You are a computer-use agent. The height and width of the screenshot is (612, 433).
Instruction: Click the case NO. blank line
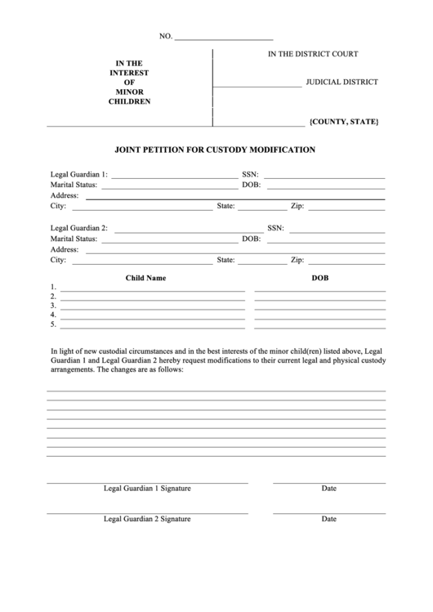(x=224, y=38)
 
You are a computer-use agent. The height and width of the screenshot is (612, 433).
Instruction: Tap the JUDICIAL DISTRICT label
(x=341, y=83)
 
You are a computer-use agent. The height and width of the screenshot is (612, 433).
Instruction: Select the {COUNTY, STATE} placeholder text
(x=343, y=122)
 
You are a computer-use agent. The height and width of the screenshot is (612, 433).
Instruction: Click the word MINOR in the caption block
(x=129, y=92)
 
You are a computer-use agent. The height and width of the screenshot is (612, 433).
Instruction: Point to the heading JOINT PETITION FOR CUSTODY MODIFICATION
(x=216, y=150)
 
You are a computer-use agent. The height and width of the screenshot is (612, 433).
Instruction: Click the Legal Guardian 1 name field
(x=172, y=176)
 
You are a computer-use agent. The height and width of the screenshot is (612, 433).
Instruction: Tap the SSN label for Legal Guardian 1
(x=249, y=175)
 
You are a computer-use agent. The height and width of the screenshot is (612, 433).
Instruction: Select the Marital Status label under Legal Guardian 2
(x=74, y=239)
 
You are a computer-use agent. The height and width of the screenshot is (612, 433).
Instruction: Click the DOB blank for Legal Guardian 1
(x=324, y=186)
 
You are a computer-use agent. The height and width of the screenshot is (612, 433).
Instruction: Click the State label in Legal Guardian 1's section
(x=225, y=207)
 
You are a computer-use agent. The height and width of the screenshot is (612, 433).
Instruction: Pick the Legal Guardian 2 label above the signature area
(x=79, y=228)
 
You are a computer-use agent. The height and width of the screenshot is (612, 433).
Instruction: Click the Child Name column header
(x=145, y=278)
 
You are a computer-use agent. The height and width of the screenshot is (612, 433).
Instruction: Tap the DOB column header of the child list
(x=319, y=278)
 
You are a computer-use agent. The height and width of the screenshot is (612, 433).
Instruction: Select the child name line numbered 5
(x=152, y=326)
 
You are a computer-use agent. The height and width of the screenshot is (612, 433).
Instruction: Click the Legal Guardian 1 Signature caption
(x=147, y=488)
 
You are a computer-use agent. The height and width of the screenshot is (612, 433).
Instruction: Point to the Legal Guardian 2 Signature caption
(x=147, y=518)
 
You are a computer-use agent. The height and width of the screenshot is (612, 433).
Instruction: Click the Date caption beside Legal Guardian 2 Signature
(x=329, y=518)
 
